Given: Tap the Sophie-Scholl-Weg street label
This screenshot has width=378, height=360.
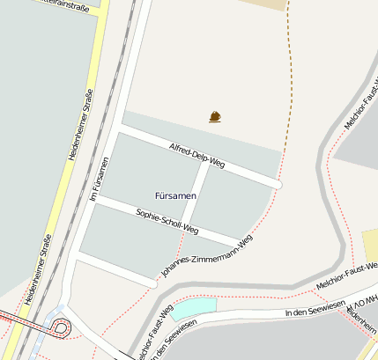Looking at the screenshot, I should click(x=167, y=223).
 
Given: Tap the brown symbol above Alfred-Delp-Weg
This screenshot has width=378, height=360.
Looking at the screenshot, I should click(x=215, y=116).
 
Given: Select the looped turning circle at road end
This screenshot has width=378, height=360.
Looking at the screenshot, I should click(x=62, y=328).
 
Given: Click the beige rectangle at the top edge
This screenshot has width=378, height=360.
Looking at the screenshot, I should click(x=263, y=4).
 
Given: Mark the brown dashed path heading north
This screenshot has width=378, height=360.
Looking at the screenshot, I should click(x=289, y=70).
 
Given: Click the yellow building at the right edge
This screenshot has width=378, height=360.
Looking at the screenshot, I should click(x=370, y=245).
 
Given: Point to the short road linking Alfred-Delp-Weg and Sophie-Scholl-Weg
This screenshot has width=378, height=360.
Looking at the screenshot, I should click(x=200, y=195).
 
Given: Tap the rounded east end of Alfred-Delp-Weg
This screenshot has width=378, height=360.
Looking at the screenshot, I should click(x=277, y=184).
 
